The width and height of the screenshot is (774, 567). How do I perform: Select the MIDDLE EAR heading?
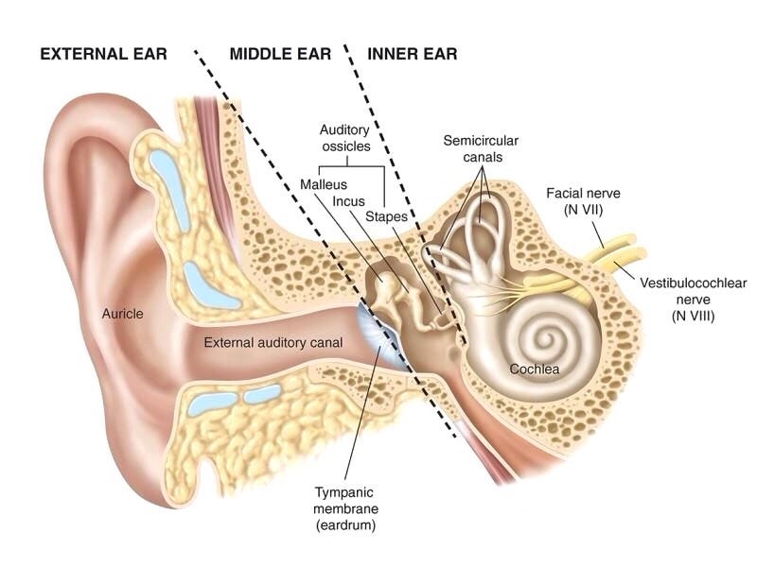(280, 54)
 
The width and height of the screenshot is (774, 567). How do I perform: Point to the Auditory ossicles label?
(344, 138)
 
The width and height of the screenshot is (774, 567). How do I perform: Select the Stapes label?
(386, 216)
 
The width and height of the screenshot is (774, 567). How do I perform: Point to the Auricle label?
(123, 314)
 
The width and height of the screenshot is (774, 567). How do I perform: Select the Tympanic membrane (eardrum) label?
(344, 507)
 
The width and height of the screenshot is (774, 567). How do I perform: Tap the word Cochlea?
(534, 369)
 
